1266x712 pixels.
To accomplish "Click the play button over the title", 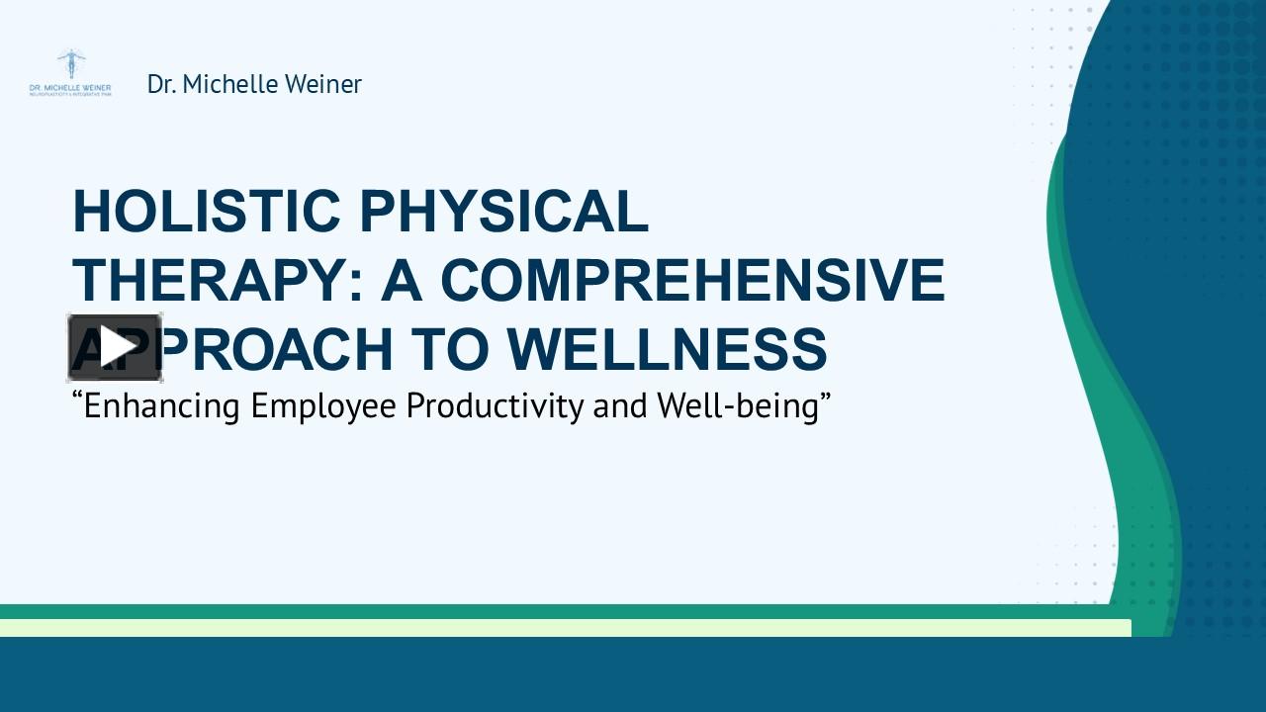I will [115, 347].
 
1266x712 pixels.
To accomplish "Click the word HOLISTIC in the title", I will [207, 212].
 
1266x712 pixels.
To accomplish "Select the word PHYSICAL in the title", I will [503, 212].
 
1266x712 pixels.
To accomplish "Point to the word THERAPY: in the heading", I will [219, 280].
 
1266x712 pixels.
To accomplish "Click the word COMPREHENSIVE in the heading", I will [692, 280].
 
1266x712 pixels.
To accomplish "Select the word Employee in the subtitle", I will [324, 406].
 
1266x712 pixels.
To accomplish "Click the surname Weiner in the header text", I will [323, 84].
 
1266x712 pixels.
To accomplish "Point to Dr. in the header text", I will [161, 84].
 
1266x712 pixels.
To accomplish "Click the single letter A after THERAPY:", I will [403, 280].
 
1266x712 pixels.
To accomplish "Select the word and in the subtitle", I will [619, 406].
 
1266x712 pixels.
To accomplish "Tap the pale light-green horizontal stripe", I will [564, 628].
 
